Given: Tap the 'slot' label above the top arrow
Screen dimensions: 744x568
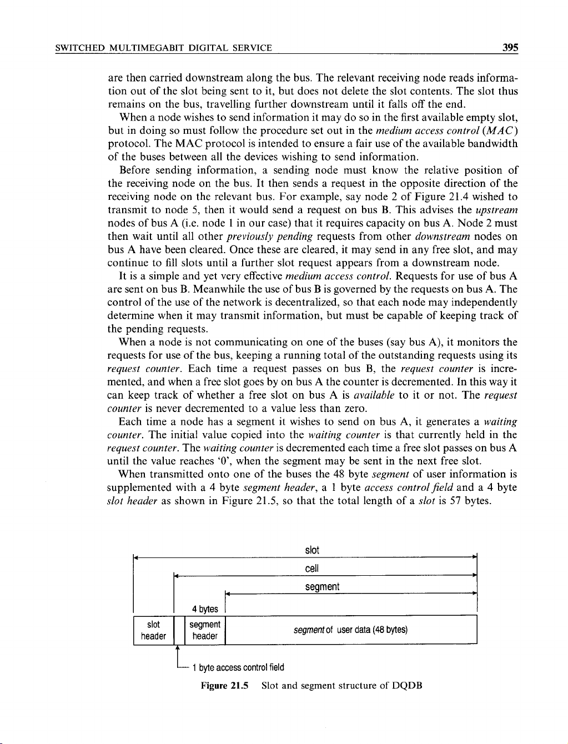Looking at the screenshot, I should click(x=312, y=550).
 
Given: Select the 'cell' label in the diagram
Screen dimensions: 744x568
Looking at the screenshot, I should click(x=312, y=569).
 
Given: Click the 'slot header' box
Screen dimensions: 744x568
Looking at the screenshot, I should click(x=153, y=630).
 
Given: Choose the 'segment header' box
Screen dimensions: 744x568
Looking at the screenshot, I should click(x=204, y=630).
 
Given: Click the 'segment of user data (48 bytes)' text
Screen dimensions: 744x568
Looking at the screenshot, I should click(x=350, y=630).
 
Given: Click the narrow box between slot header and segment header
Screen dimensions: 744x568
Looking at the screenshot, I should click(x=177, y=630).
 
